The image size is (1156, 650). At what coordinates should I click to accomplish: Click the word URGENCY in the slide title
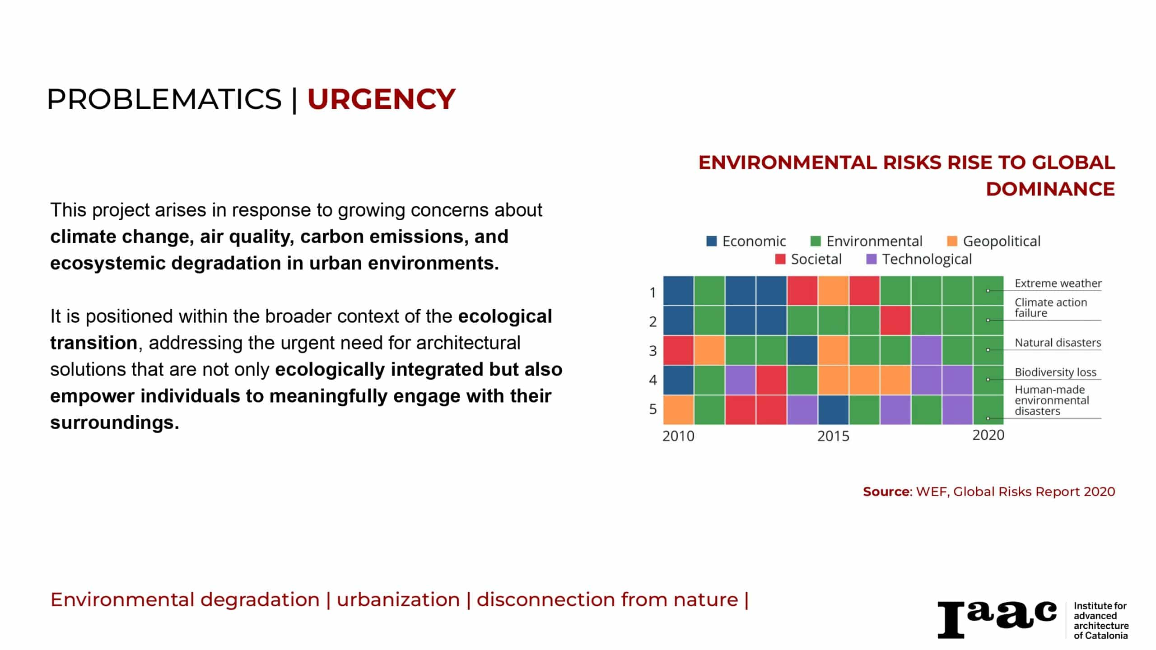381,99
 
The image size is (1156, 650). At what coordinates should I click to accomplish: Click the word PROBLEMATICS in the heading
164,99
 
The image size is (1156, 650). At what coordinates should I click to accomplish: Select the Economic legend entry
746,241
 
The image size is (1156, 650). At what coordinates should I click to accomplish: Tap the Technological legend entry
919,259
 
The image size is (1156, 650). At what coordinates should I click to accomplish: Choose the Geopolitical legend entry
993,241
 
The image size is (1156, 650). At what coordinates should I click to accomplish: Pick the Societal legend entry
808,259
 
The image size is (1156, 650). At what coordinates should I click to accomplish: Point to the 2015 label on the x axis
833,436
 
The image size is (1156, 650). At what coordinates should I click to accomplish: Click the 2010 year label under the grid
678,436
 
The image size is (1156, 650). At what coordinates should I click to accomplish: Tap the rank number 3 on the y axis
653,351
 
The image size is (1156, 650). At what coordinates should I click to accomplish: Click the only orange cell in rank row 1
833,291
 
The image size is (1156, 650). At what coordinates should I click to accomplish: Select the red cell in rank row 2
895,320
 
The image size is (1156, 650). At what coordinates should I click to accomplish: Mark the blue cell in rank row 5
833,410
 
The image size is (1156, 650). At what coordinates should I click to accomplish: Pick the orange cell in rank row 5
678,410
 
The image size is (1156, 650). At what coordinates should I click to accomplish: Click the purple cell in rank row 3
926,350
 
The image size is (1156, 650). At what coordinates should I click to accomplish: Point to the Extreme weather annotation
1058,283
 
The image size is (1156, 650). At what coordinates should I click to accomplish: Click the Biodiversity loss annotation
1055,372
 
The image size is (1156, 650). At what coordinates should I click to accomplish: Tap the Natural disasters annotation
1058,343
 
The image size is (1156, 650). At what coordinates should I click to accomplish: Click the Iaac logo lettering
997,619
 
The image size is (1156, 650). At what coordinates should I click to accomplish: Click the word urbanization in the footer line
398,599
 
